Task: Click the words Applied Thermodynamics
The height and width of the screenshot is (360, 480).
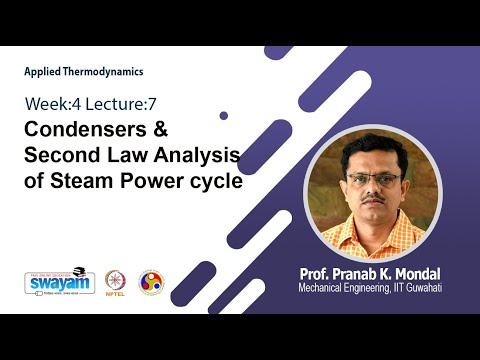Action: point(84,72)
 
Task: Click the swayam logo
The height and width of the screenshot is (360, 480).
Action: point(52,283)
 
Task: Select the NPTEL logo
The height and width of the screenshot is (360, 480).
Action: point(115,282)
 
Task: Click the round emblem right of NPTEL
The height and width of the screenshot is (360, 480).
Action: point(151,282)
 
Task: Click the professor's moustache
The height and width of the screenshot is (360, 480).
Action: point(374,203)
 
